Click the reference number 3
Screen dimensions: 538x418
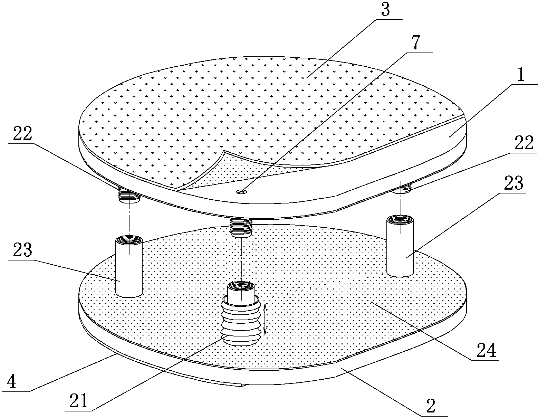(385, 9)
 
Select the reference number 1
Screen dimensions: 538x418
(521, 75)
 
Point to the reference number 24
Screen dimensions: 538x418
(487, 350)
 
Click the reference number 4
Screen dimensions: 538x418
(11, 382)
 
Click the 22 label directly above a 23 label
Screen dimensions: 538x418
(22, 134)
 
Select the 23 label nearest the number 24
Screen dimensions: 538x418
(513, 183)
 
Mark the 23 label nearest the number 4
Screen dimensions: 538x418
(22, 250)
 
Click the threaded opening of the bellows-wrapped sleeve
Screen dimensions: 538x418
(241, 287)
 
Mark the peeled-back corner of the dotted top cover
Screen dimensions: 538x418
(224, 151)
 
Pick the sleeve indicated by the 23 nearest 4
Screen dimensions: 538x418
(129, 266)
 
